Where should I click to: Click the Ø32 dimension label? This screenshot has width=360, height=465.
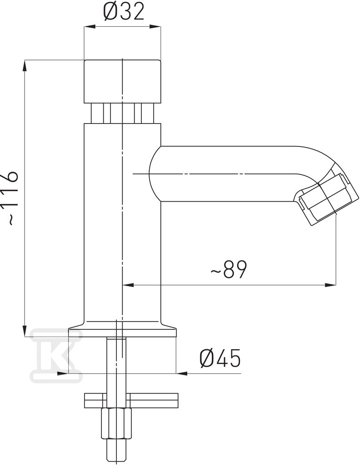[124, 12]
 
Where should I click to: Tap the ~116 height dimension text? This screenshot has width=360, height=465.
[11, 198]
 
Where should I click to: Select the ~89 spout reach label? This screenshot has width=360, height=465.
[229, 269]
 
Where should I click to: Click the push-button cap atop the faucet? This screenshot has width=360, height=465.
[122, 82]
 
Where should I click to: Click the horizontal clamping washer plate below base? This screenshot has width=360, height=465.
[131, 401]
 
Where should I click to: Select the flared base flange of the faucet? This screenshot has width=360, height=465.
[122, 329]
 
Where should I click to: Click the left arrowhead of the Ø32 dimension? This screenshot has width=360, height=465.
[90, 27]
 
